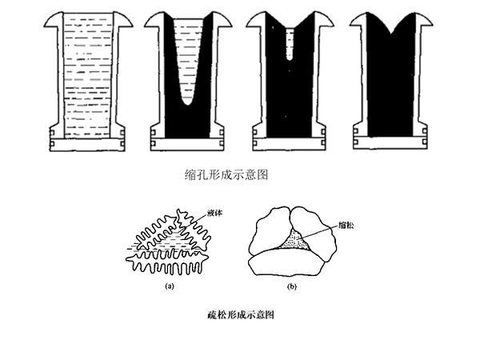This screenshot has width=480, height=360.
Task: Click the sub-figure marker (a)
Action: pyautogui.click(x=169, y=285)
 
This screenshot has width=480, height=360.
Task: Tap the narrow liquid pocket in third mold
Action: pyautogui.click(x=290, y=44)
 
